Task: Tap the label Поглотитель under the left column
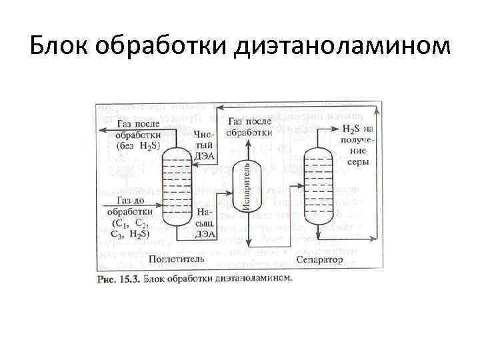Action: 171,258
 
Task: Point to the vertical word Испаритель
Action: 246,186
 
